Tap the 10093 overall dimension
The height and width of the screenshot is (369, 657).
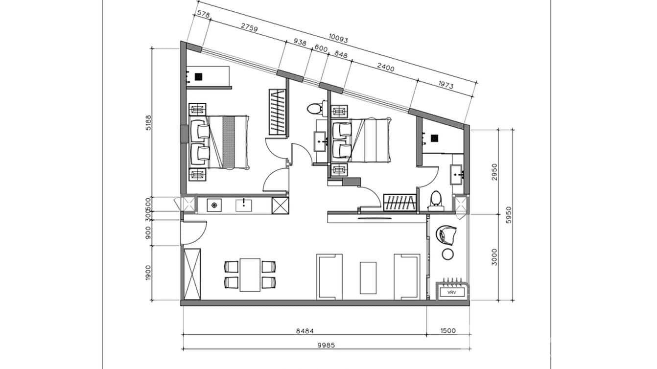pos(338,39)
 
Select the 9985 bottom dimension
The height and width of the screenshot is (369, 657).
pos(325,345)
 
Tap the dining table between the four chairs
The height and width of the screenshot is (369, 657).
pos(250,275)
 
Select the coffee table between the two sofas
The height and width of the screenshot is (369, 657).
pos(368,277)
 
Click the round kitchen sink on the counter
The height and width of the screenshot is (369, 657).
pos(214,205)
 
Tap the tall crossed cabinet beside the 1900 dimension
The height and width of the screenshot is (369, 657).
pos(192,274)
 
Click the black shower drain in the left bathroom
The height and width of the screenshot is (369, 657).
pos(198,76)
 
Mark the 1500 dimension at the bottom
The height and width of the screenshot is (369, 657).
pos(447,331)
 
